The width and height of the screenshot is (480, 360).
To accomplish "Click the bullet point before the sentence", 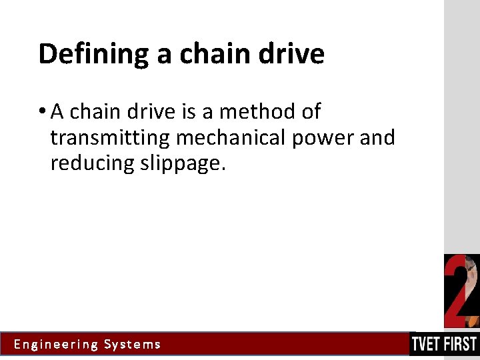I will (42, 112).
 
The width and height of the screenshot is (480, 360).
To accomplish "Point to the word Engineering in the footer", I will (56, 345).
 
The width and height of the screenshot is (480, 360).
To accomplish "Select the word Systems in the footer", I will (133, 345).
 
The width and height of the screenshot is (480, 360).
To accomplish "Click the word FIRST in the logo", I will (461, 344).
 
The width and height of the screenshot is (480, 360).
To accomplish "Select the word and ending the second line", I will (378, 138).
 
